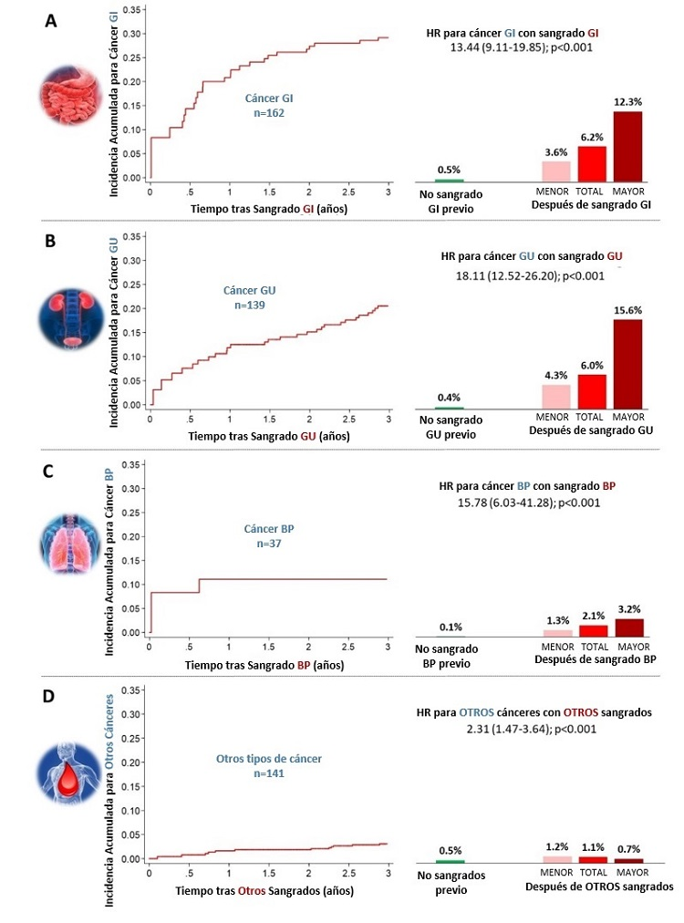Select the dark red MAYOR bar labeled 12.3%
coord(627,146)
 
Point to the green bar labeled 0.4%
coord(449,409)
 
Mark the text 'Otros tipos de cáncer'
coord(268,758)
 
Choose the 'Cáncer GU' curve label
coord(249,290)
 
